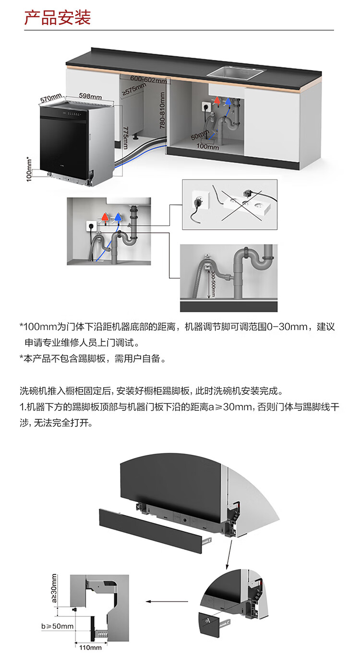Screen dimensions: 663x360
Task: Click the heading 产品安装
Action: click(x=58, y=18)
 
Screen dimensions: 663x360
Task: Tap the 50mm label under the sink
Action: click(x=199, y=135)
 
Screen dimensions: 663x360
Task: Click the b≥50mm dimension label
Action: click(x=58, y=626)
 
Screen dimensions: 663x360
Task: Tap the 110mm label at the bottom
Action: click(x=90, y=648)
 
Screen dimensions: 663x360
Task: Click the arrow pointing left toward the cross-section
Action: click(x=160, y=601)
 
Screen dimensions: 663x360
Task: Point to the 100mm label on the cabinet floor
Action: click(x=207, y=147)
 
